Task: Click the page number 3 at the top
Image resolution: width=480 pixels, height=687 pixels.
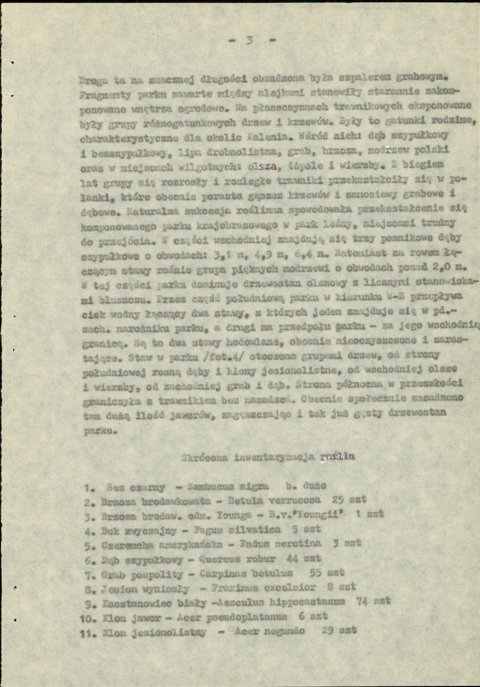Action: (249, 40)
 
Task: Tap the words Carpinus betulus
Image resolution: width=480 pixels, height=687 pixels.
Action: (251, 572)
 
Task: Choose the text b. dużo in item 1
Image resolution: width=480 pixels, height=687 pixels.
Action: (306, 486)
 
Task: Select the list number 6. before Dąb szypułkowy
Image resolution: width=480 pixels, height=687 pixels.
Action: (89, 559)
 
